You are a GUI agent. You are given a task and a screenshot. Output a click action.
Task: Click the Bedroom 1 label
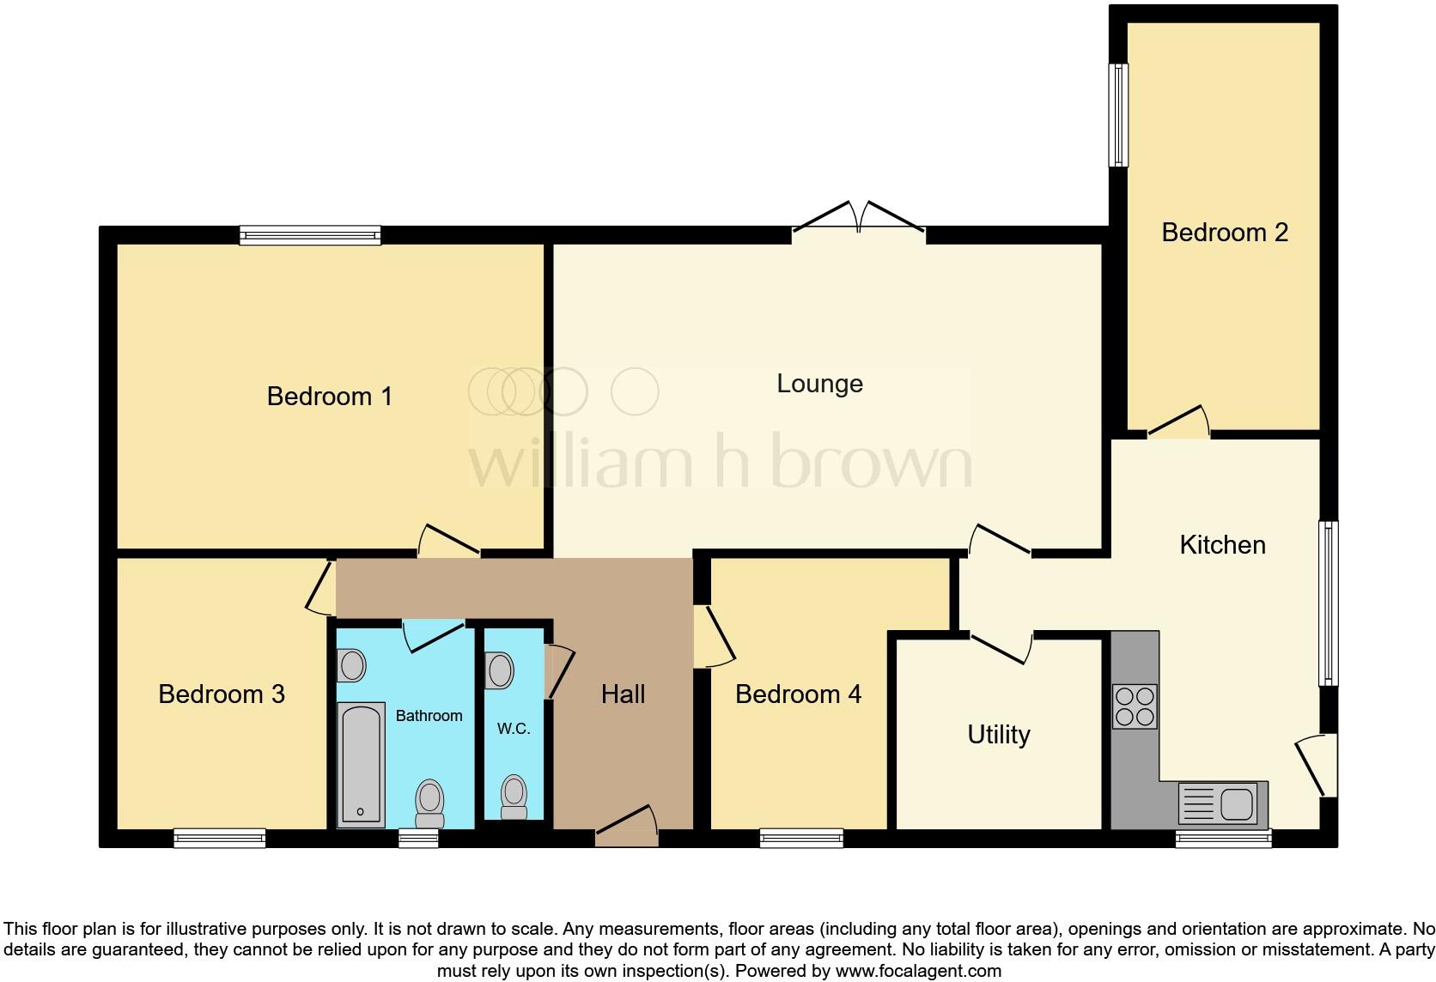pos(329,397)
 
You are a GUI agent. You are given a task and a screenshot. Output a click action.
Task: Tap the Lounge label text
pos(819,384)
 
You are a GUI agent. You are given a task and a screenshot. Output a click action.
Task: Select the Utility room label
pos(998,735)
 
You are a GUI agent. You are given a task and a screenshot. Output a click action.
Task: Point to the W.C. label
pos(514,729)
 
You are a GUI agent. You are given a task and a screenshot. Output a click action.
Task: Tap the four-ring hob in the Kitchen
pos(1135,706)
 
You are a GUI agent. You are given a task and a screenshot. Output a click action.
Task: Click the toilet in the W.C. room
pos(514,797)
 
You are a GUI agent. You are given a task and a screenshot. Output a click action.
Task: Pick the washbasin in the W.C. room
pos(499,670)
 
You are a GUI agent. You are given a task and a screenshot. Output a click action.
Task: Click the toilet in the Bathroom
pos(429,802)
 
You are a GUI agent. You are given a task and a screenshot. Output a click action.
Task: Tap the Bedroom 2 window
pos(1117,114)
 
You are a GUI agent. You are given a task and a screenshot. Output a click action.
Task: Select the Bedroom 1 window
pos(310,234)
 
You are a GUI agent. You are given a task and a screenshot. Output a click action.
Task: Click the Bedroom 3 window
pos(220,838)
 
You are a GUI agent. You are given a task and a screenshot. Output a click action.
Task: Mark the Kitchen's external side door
pos(1318,764)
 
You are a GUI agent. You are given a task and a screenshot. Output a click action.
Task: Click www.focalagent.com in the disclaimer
pos(918,971)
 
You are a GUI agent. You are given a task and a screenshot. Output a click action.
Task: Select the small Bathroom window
pos(418,838)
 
